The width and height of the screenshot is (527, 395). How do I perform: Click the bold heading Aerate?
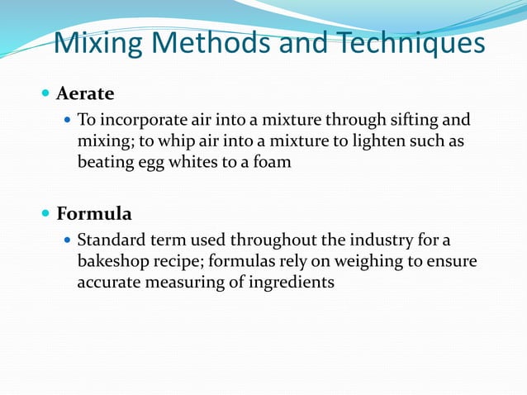click(x=85, y=92)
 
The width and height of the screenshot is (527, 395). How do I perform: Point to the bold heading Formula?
click(x=94, y=214)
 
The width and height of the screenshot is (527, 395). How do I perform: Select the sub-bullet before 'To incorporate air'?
click(x=68, y=120)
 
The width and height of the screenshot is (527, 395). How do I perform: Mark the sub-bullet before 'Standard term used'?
click(x=68, y=241)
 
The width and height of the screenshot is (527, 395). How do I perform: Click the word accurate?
click(x=107, y=283)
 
